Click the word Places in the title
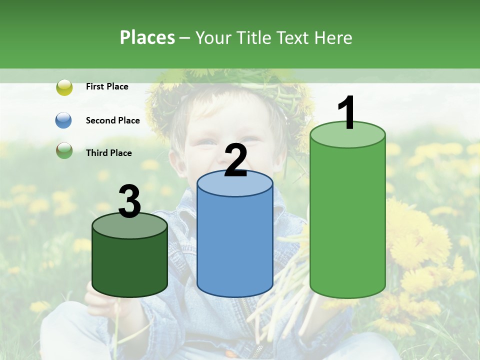[x=147, y=37]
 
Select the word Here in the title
[x=334, y=37]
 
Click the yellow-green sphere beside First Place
[x=64, y=87]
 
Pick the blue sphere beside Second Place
[x=64, y=120]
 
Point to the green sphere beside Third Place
[x=64, y=150]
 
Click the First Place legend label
[x=107, y=86]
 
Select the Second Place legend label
[x=112, y=120]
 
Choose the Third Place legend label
[x=108, y=153]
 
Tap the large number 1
[x=347, y=113]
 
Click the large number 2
[x=236, y=160]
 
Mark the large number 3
[x=129, y=201]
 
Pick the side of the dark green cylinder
[x=130, y=265]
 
